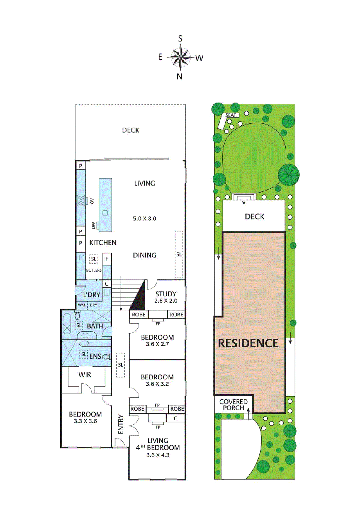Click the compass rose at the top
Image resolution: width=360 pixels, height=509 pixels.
180,58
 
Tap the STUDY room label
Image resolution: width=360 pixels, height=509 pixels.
166,294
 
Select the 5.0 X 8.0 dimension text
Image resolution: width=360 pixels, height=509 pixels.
144,218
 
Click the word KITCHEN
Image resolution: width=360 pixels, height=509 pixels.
103,243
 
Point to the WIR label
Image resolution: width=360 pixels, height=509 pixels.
85,375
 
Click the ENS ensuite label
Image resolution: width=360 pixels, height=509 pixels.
95,356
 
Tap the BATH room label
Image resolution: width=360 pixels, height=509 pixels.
95,326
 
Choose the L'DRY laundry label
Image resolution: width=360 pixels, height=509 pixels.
92,295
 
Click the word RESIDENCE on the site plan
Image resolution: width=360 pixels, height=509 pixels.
248,343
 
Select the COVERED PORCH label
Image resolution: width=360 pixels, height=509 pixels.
234,405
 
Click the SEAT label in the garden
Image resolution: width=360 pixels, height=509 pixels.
231,115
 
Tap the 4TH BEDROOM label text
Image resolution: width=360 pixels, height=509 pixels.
158,448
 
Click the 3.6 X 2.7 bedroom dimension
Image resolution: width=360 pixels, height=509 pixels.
157,344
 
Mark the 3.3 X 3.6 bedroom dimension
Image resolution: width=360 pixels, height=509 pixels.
85,421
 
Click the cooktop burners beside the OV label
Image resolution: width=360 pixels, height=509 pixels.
81,200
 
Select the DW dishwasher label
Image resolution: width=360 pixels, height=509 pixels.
94,226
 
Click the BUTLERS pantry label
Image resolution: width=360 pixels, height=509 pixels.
94,270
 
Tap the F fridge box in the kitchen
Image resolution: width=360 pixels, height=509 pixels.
107,259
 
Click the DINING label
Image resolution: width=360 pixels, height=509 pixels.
144,255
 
